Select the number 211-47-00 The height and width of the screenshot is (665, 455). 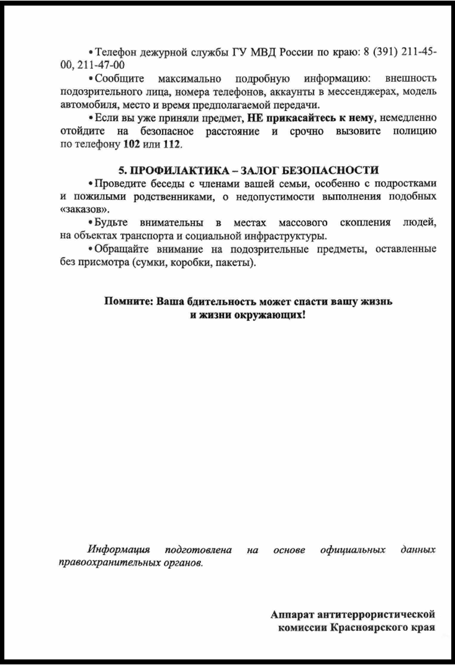click(102, 65)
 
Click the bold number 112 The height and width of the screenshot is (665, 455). click(171, 145)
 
